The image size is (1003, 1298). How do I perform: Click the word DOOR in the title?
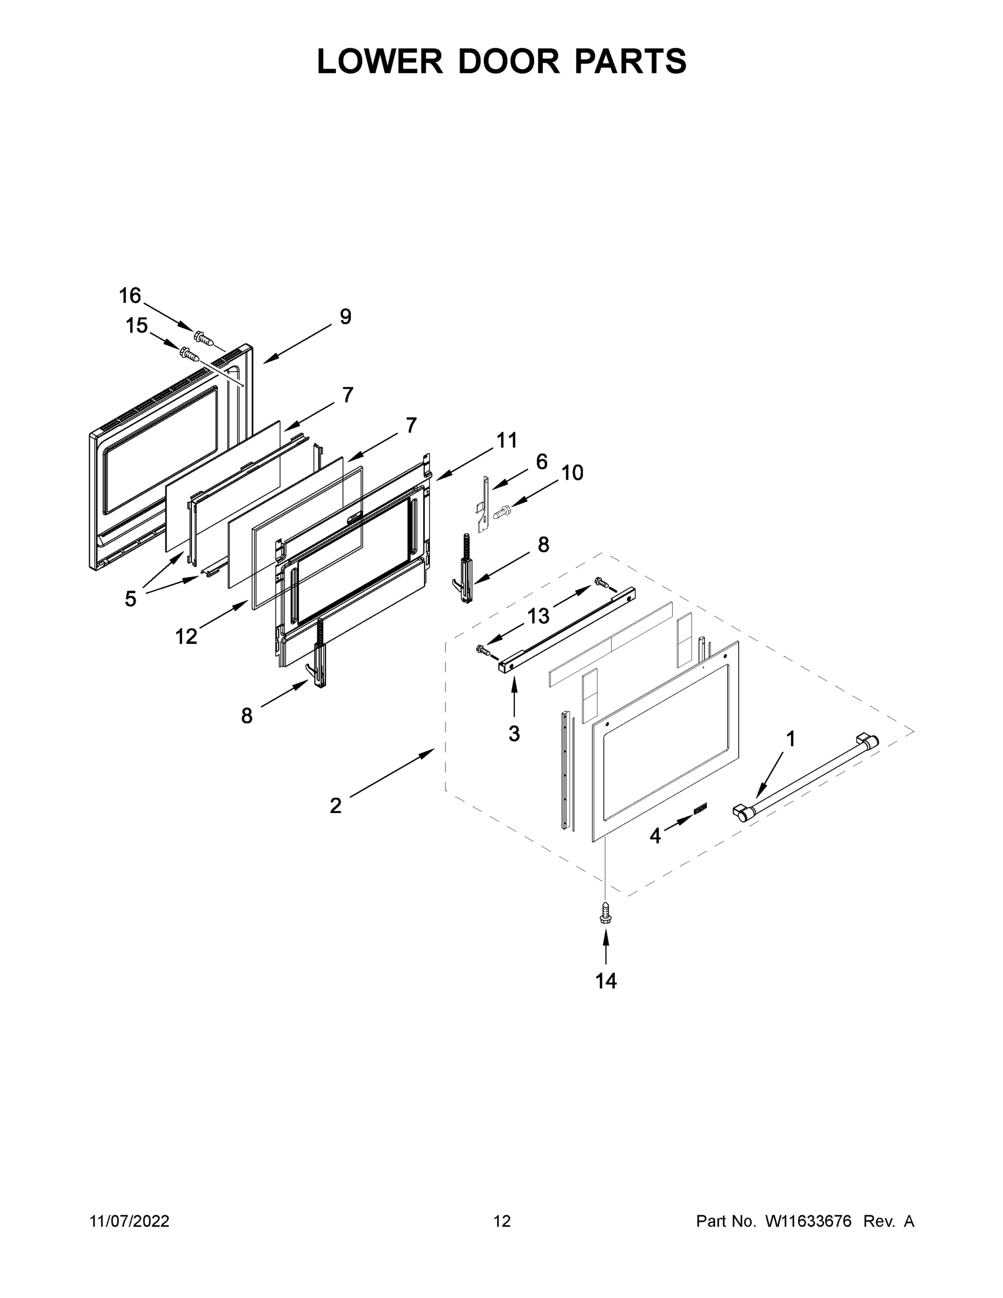click(508, 61)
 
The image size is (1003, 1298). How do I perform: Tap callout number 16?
click(130, 295)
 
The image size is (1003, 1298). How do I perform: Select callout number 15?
click(136, 326)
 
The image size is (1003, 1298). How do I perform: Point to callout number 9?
click(345, 317)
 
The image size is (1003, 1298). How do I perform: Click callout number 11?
click(506, 440)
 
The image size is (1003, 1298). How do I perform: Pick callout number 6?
click(541, 462)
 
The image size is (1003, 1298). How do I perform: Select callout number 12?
click(185, 637)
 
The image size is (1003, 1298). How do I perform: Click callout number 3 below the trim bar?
click(514, 734)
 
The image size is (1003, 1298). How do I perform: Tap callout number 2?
click(336, 806)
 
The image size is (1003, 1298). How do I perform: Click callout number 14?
click(606, 981)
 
